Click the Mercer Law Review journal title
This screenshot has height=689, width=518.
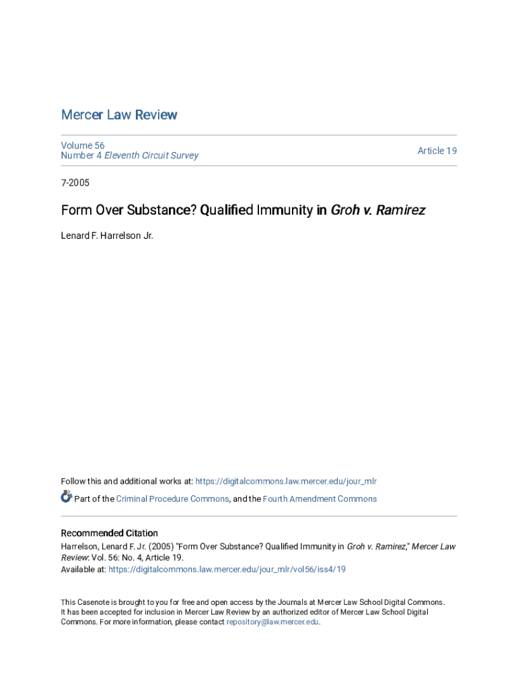119,115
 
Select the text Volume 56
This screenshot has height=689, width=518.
83,145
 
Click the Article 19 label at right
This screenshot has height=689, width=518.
437,151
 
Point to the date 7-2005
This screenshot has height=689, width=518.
75,183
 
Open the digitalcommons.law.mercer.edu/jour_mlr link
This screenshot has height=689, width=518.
286,481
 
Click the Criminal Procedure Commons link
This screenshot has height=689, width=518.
172,499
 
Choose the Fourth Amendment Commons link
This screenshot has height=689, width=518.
320,499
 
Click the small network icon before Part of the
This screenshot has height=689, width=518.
66,497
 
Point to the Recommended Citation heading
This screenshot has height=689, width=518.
110,533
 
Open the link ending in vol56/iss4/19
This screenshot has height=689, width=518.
227,569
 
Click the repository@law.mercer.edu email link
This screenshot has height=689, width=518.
272,622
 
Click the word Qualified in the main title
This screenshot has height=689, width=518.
226,211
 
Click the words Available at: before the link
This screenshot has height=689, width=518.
83,569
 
